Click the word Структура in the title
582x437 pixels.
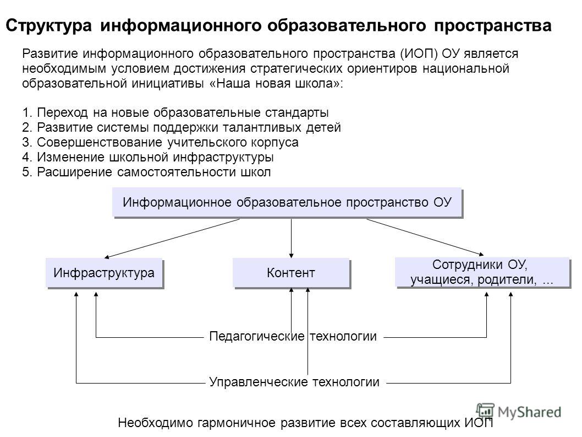coord(48,26)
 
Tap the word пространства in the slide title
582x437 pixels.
coord(492,26)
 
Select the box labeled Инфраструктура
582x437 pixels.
coord(105,273)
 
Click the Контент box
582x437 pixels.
coord(292,273)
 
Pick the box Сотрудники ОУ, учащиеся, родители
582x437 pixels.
coord(483,273)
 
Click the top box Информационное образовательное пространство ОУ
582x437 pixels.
coord(288,203)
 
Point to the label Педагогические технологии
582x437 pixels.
coord(293,336)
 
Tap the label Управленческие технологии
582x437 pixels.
coord(294,382)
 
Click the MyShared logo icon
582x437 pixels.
coord(485,411)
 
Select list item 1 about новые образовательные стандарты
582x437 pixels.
coord(175,112)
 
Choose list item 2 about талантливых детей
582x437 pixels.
coord(182,127)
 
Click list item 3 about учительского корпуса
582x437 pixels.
coord(160,142)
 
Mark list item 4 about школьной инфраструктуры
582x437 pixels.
coord(148,157)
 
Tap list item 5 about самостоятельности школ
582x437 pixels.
coord(147,172)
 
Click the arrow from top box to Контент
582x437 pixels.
coord(292,238)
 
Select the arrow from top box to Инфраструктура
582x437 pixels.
coord(172,239)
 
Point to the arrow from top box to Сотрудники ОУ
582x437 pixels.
coord(425,238)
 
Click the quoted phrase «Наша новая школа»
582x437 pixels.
coord(274,83)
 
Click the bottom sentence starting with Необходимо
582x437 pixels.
coord(305,423)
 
